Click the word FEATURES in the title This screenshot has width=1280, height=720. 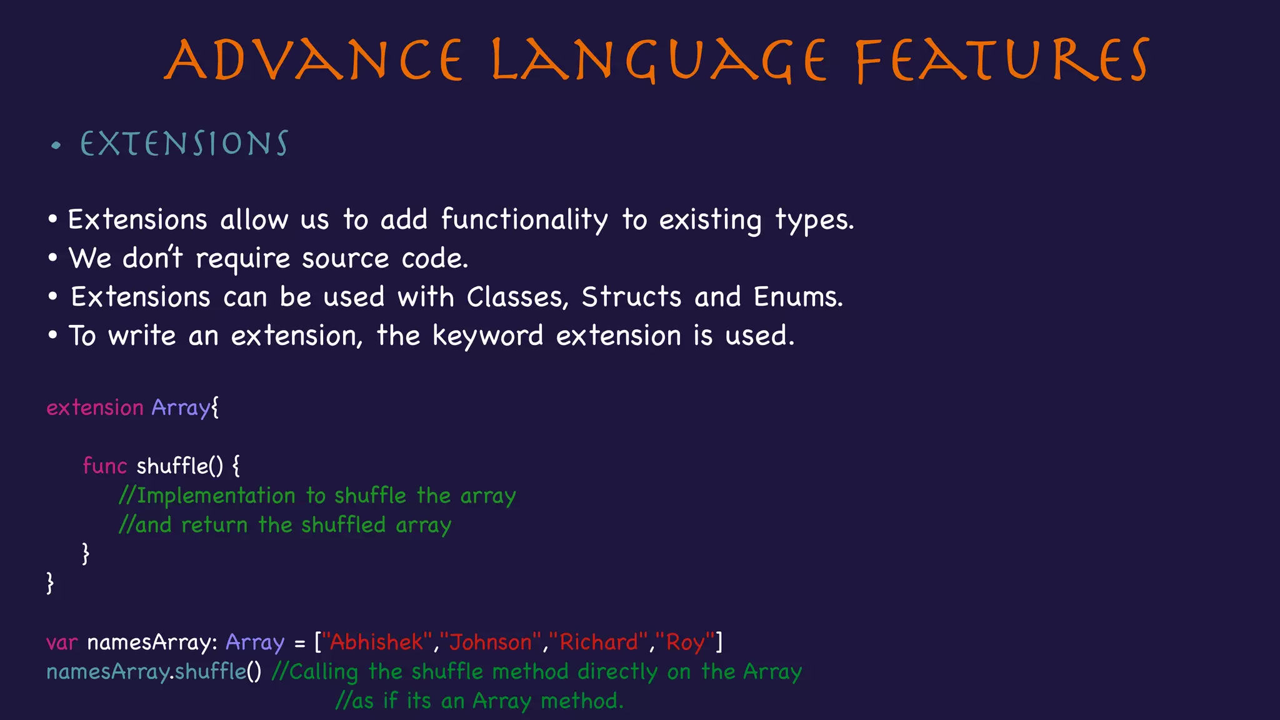[1002, 61]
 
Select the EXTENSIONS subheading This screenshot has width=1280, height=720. [184, 144]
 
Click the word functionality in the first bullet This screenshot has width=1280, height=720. [524, 220]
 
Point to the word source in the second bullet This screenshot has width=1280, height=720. [345, 259]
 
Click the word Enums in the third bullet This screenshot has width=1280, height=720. [797, 297]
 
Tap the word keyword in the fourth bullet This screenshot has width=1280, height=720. [487, 336]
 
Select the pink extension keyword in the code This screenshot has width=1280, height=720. [95, 407]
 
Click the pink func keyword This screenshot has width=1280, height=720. [104, 466]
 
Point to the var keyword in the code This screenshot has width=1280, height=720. [62, 642]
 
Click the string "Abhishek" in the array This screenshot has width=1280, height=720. [376, 642]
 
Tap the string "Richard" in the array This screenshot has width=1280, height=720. [599, 642]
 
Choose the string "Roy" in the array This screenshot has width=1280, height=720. [685, 642]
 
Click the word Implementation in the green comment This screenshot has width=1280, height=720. [216, 496]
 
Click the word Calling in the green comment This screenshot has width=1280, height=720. [323, 672]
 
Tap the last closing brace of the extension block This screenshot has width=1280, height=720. [50, 582]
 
